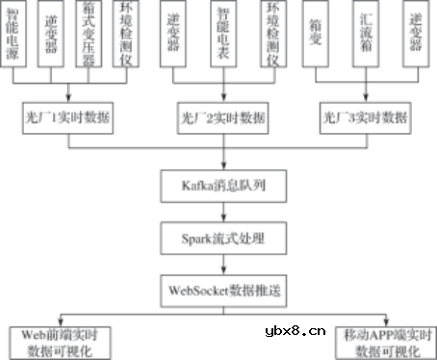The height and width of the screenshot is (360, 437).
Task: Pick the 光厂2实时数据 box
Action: [x=223, y=120]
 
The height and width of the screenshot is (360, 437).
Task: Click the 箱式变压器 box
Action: [x=90, y=36]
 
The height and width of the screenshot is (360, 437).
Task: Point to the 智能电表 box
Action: [x=223, y=36]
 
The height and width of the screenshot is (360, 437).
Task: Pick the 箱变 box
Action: [x=319, y=36]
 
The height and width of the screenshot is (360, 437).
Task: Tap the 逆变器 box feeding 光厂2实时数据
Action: [x=175, y=36]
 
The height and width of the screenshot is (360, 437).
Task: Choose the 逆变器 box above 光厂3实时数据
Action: [x=415, y=36]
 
